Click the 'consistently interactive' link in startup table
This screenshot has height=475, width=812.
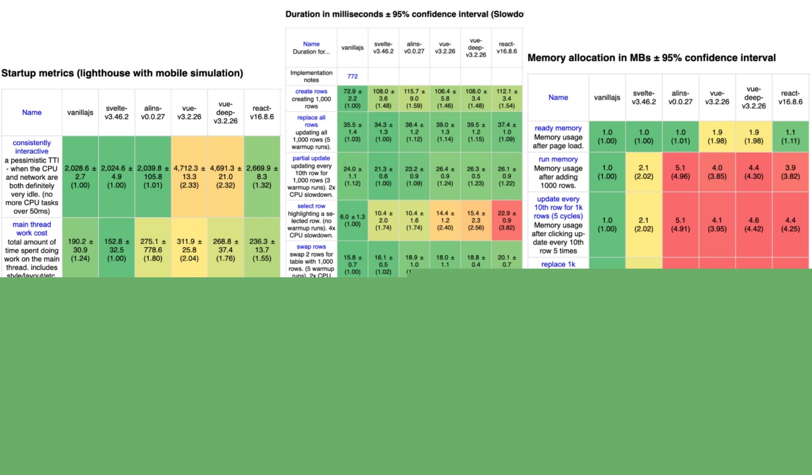pos(31,147)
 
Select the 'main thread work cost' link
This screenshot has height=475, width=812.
pos(31,229)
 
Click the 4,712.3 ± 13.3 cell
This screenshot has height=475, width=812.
pos(189,177)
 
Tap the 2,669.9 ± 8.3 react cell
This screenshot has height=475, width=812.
pos(262,177)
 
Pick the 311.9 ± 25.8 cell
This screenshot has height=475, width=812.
pos(189,250)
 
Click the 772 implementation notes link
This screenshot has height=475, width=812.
pos(352,76)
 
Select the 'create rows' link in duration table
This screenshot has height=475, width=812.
pos(311,92)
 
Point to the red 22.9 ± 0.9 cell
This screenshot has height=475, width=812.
pos(507,220)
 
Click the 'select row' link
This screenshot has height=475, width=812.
pos(311,206)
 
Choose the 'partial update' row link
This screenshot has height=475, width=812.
pos(311,158)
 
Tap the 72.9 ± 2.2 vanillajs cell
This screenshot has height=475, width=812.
pos(352,99)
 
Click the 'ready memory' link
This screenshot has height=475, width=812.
pos(558,128)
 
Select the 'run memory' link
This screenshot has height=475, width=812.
pos(558,159)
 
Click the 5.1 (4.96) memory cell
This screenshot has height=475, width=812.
pos(680,172)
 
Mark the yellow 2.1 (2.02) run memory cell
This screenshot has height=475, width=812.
pos(644,172)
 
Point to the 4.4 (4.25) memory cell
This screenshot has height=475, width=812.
pos(790,224)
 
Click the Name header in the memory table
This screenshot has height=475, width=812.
pos(558,97)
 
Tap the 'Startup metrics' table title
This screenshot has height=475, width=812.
pos(122,73)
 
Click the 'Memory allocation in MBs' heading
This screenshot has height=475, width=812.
pos(651,58)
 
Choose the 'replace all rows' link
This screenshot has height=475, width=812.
pos(311,121)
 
